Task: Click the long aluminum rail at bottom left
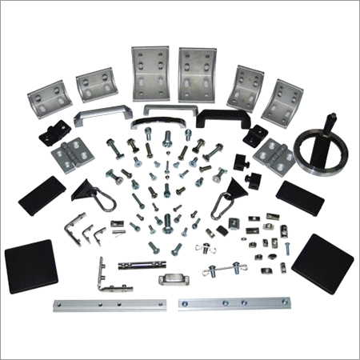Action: tap(110, 305)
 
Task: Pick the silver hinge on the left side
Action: tap(69, 151)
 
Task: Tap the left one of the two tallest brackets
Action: tap(150, 75)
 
